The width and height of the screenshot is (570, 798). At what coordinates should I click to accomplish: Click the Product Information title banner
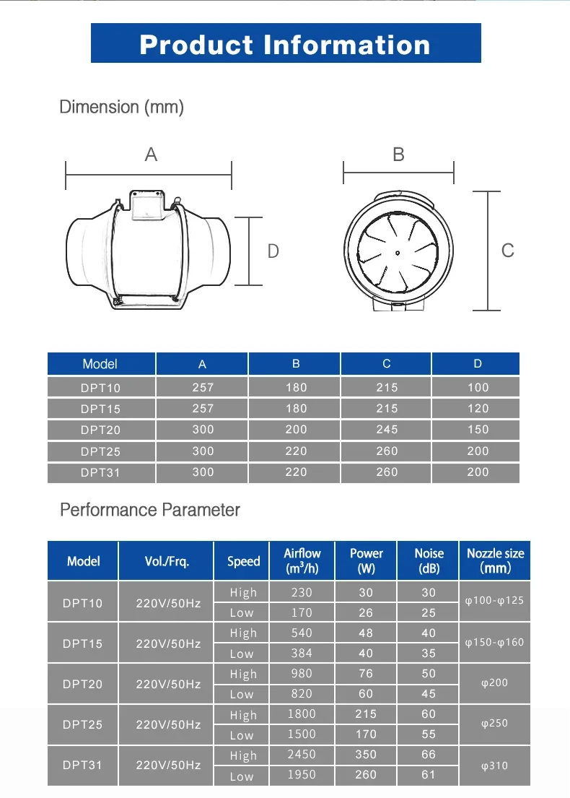click(x=286, y=43)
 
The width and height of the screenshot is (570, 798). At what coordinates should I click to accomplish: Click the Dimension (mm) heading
click(x=121, y=108)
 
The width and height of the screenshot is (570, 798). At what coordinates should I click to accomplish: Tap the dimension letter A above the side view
click(x=151, y=154)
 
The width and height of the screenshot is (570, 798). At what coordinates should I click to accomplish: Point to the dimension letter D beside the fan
click(x=273, y=251)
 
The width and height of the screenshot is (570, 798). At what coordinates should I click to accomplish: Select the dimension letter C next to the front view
click(x=508, y=250)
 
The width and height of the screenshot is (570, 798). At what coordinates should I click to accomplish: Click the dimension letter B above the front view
click(x=398, y=154)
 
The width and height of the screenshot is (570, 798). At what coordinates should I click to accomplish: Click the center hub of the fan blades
click(x=398, y=252)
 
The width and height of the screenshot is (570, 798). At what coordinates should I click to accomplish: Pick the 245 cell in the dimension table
click(x=387, y=430)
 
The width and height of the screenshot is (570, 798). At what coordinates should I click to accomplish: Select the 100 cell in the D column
click(x=478, y=387)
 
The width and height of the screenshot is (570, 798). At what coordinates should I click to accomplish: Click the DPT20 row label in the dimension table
click(x=100, y=430)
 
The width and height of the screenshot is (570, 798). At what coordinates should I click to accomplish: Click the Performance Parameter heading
click(x=150, y=510)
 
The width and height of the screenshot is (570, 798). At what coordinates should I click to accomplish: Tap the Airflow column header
click(x=302, y=560)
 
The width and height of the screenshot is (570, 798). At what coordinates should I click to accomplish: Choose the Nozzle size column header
click(x=495, y=560)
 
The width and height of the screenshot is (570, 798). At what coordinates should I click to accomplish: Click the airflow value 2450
click(x=302, y=755)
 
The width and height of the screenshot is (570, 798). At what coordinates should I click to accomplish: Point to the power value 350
click(x=366, y=755)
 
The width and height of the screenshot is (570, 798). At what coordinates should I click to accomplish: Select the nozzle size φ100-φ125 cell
click(x=494, y=601)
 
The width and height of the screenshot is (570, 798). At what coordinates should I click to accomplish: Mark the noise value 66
click(x=429, y=755)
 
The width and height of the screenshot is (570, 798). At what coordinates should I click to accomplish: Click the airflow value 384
click(x=302, y=654)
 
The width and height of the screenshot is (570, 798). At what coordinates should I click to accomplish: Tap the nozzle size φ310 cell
click(x=494, y=766)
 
